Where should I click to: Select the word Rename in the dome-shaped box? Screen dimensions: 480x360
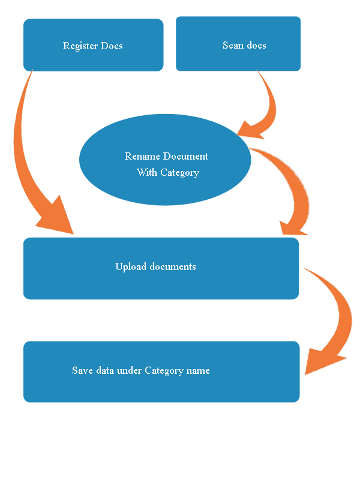pyautogui.click(x=142, y=157)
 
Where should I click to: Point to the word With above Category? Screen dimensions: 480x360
pyautogui.click(x=147, y=173)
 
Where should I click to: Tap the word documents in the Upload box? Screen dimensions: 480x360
pyautogui.click(x=173, y=266)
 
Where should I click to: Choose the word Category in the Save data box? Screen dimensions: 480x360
pyautogui.click(x=164, y=371)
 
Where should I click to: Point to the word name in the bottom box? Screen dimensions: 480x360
pyautogui.click(x=198, y=371)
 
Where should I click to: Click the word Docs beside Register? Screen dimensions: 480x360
pyautogui.click(x=112, y=46)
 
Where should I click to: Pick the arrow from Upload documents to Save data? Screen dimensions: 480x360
pyautogui.click(x=339, y=312)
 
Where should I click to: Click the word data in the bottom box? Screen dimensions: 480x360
pyautogui.click(x=106, y=371)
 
